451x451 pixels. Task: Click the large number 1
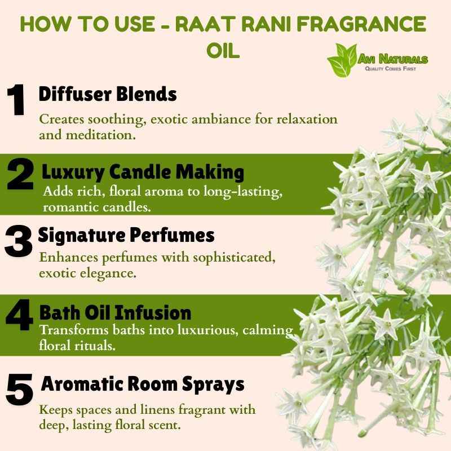[x=16, y=100]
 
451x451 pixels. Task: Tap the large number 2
[x=20, y=174]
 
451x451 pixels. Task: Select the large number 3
[x=19, y=241]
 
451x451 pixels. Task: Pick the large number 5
[x=20, y=390]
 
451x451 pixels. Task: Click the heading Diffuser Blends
[x=108, y=94]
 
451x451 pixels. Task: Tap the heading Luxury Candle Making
[x=143, y=173]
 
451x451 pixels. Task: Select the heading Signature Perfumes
[x=126, y=236]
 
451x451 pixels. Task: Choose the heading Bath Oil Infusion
[x=115, y=312]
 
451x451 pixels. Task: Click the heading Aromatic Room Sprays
[x=143, y=384]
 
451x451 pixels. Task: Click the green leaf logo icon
[x=342, y=60]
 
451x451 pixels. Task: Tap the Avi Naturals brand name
[x=393, y=59]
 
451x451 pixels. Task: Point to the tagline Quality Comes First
[x=390, y=69]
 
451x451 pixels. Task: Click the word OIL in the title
[x=223, y=51]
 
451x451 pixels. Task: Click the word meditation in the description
[x=101, y=135]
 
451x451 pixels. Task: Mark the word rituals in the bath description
[x=95, y=346]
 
